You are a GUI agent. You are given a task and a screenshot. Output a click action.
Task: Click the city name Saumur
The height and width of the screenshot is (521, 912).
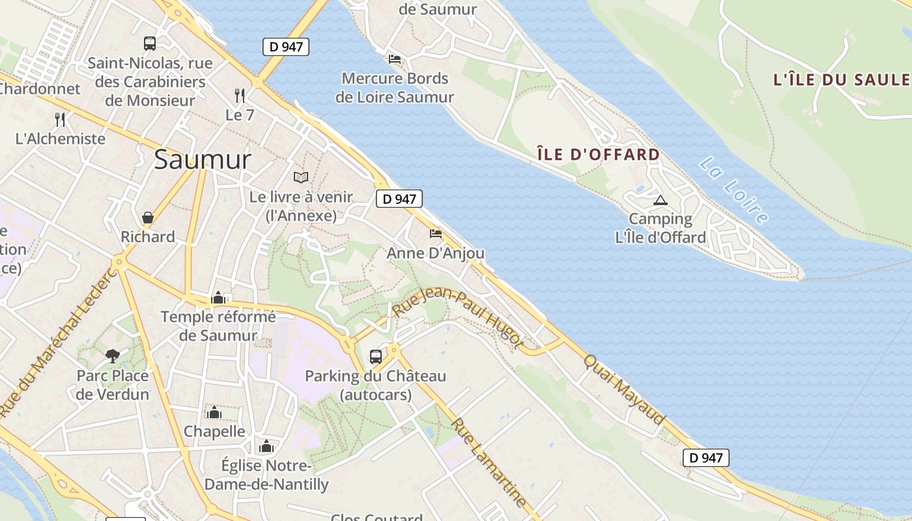coord(202,160)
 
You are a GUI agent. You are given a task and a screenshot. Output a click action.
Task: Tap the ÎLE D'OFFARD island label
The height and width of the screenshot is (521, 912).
coord(598,154)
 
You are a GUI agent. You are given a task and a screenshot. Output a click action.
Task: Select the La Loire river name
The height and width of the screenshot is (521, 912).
coord(733,190)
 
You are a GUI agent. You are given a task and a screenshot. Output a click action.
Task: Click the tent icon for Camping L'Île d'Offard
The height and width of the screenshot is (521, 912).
coord(661,200)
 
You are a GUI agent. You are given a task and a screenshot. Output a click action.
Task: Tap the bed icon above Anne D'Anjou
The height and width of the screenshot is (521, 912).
coord(436,233)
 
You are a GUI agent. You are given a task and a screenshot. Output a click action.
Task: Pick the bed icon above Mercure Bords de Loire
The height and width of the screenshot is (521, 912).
coord(395,59)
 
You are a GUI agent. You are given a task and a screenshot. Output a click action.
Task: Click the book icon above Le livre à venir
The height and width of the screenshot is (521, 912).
coord(300,177)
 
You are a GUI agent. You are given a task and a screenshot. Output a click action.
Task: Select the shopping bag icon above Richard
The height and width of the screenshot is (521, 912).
coord(148,218)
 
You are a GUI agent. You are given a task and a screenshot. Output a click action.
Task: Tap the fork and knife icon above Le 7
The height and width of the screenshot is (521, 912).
coord(240,96)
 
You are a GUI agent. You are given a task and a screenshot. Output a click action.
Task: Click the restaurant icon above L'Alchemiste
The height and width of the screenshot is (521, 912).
coord(60,119)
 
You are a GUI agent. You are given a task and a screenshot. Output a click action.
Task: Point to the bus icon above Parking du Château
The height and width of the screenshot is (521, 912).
coord(376,356)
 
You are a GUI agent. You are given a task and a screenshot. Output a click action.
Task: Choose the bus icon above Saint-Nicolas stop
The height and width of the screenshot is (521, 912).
coord(150,44)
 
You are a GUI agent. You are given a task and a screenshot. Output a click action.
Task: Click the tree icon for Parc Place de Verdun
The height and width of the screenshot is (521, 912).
coord(113,356)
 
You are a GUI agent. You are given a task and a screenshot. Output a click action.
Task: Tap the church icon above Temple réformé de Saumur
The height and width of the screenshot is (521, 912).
coord(218,298)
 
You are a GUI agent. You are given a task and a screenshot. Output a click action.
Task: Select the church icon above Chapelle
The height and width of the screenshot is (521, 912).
coord(214,412)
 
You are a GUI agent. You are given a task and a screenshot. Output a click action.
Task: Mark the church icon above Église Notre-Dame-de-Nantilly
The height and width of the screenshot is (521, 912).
coord(266,446)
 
